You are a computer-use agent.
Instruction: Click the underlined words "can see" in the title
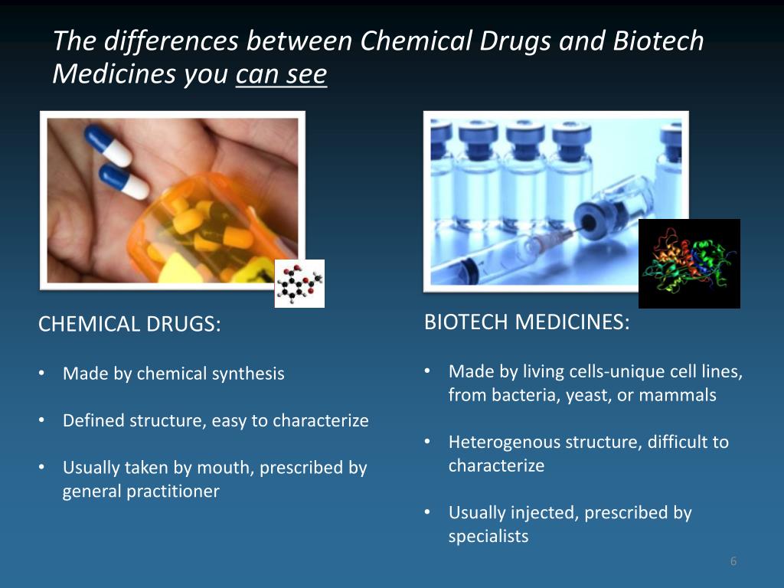tap(282, 75)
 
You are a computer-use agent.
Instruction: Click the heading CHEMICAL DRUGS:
tap(129, 325)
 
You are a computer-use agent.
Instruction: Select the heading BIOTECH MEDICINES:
tap(527, 322)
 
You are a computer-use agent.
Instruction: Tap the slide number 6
tap(733, 562)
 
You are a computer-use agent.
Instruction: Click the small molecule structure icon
tap(299, 283)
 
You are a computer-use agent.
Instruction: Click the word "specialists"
tap(488, 537)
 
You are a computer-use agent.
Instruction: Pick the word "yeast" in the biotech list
tap(591, 396)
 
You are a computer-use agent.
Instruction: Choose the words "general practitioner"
tap(141, 492)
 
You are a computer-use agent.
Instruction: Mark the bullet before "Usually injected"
tap(429, 513)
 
